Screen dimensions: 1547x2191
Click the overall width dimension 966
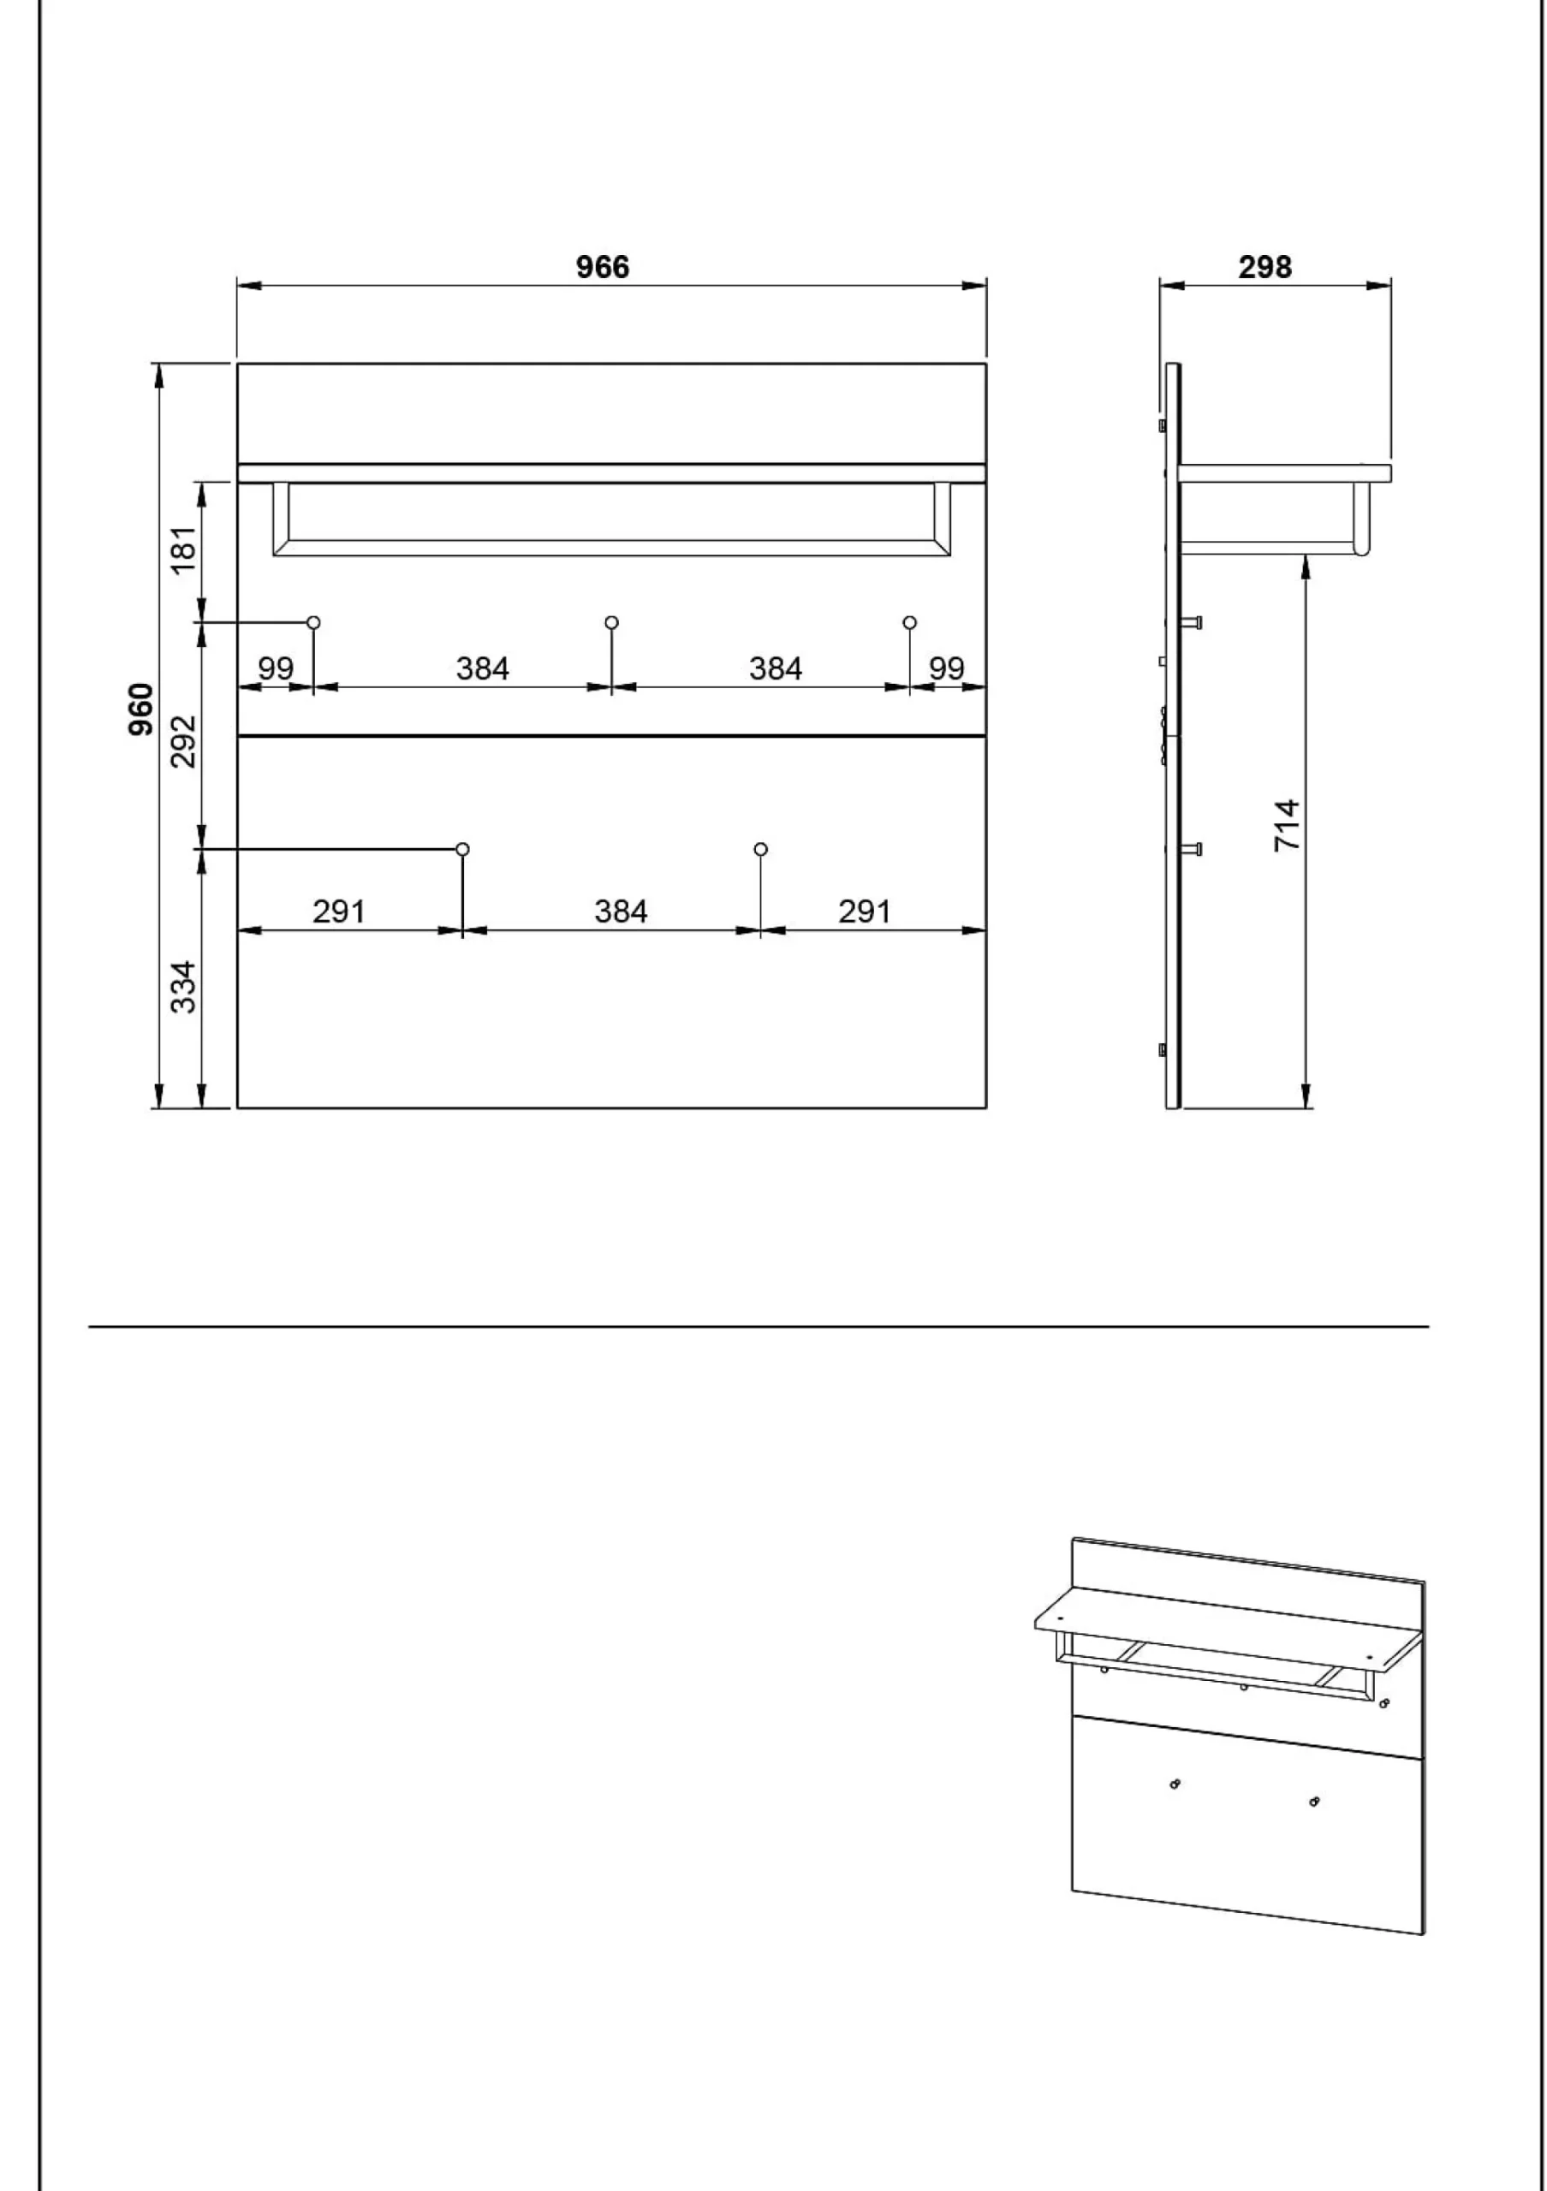602,267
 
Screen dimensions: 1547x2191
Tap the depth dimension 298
1264,267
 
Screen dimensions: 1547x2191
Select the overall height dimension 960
140,709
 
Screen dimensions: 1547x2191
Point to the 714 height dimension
1287,825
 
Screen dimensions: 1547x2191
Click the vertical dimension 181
183,549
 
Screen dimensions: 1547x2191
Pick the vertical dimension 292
183,741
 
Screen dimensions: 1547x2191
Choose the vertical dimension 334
183,987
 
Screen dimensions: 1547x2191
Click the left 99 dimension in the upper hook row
276,668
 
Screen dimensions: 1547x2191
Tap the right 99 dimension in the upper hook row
947,668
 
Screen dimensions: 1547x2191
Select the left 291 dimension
339,911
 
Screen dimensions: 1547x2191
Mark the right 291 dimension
865,911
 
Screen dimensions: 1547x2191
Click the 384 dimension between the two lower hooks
621,911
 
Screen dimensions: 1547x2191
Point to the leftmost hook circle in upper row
313,622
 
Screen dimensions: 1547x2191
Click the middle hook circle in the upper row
612,622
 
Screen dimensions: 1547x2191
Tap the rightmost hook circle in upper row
909,622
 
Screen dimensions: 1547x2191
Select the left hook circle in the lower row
463,848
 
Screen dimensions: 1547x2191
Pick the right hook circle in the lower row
760,848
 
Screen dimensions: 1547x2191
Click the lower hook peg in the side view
1191,848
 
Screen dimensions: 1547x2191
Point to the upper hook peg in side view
1191,622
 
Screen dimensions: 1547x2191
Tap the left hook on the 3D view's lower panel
1174,1784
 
